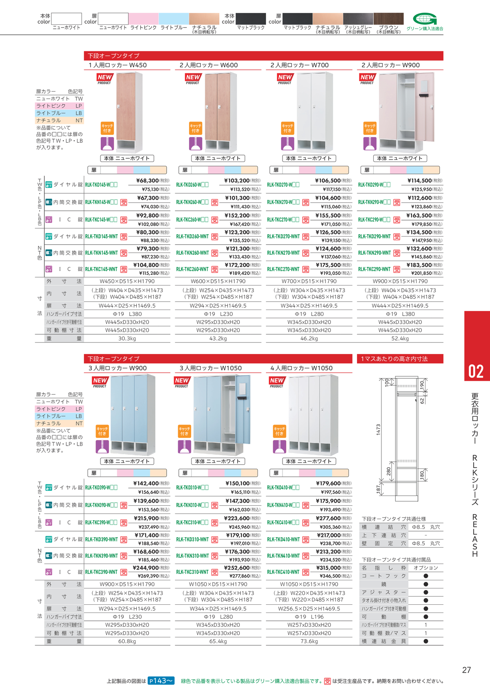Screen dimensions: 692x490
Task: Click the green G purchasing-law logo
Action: click(425, 19)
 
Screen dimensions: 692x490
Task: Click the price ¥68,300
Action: click(147, 181)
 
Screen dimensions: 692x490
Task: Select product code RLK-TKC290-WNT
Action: click(374, 269)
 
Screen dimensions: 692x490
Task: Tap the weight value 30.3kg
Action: click(127, 338)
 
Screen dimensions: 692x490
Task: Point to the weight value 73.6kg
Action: click(309, 641)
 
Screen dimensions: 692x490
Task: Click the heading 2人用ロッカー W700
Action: click(299, 65)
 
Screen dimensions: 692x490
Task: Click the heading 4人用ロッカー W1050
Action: click(301, 368)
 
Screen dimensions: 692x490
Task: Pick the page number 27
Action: click(466, 670)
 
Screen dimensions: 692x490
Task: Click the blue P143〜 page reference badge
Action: click(161, 681)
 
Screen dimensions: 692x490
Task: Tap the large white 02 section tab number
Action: click(476, 371)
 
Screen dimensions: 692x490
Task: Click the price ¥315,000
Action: click(328, 568)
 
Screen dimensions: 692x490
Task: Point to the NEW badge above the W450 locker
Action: click(105, 77)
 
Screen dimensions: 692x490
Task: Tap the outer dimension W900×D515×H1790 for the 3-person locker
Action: click(127, 584)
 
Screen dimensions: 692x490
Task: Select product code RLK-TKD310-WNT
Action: click(192, 539)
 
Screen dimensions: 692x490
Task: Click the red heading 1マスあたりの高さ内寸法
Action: click(394, 359)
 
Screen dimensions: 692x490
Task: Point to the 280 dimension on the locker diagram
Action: click(389, 471)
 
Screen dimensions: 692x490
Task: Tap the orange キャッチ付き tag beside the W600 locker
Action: click(195, 128)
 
